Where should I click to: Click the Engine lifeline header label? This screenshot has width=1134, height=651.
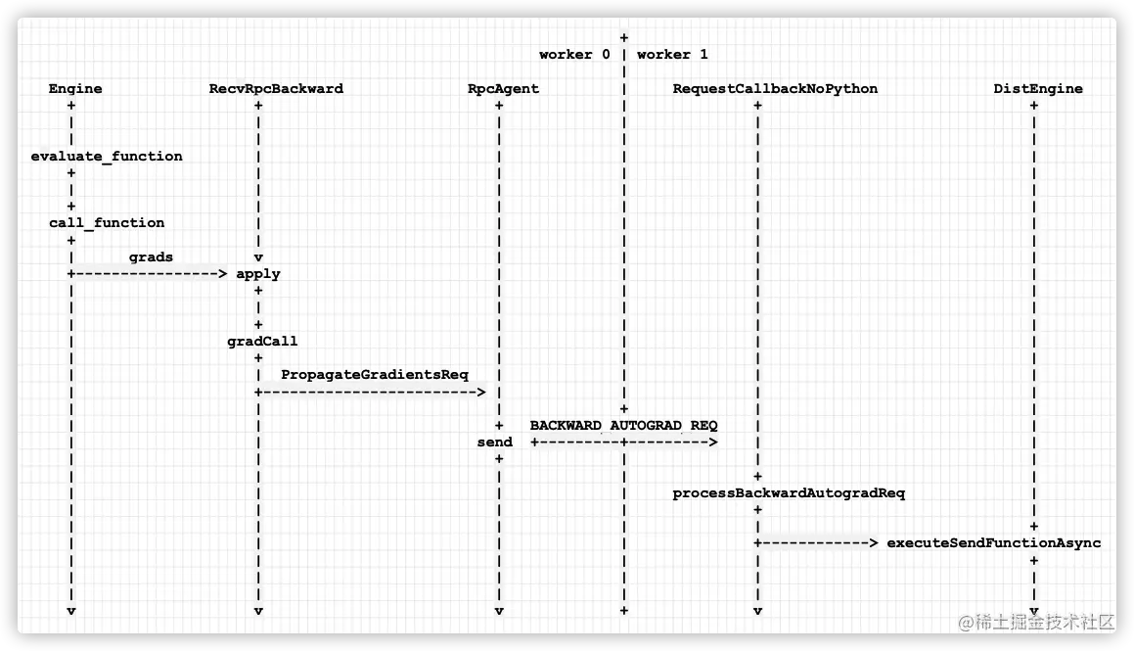tap(75, 89)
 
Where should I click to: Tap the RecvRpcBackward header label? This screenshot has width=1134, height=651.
tap(276, 89)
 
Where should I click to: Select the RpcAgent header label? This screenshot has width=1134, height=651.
tap(503, 89)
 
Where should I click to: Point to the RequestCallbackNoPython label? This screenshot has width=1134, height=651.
tap(775, 89)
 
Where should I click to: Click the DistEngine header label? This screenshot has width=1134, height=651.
tap(1038, 89)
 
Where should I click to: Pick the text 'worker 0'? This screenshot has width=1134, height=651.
tap(574, 55)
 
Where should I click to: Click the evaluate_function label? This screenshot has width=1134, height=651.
tap(107, 156)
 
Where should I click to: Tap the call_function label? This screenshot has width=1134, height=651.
tap(107, 223)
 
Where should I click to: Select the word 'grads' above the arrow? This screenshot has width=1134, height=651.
tap(151, 257)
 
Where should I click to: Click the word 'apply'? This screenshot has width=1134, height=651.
tap(258, 274)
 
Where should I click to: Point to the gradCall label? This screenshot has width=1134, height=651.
tap(262, 342)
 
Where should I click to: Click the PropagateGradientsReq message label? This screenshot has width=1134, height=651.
tap(375, 375)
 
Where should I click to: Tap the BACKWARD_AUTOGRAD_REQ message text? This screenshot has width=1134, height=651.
tap(623, 426)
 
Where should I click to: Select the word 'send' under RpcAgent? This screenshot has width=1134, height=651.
tap(494, 442)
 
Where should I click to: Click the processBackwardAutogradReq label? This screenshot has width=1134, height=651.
tap(789, 493)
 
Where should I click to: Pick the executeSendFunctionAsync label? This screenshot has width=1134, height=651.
tap(993, 543)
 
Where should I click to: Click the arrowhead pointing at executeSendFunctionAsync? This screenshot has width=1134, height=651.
tap(873, 543)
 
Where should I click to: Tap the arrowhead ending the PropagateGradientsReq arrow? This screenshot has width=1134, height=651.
tap(480, 393)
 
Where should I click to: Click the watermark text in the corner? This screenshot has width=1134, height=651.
tap(1036, 622)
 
